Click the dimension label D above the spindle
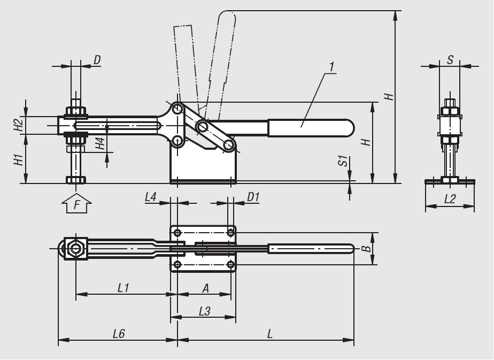pos(97,60)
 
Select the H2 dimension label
pos(19,124)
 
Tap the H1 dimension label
pos(19,160)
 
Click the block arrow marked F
pos(76,204)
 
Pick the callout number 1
pos(331,67)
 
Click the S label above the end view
pos(450,59)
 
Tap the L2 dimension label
pos(450,199)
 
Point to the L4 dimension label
pos(151,197)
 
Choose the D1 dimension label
pos(253,197)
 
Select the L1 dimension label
pos(124,287)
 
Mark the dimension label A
pos(205,288)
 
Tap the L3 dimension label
pos(204,311)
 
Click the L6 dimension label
pos(119,334)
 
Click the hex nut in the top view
pos(75,248)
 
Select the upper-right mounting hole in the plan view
pos(231,233)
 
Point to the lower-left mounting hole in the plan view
pos(177,264)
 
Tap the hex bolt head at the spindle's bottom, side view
pos(76,180)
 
